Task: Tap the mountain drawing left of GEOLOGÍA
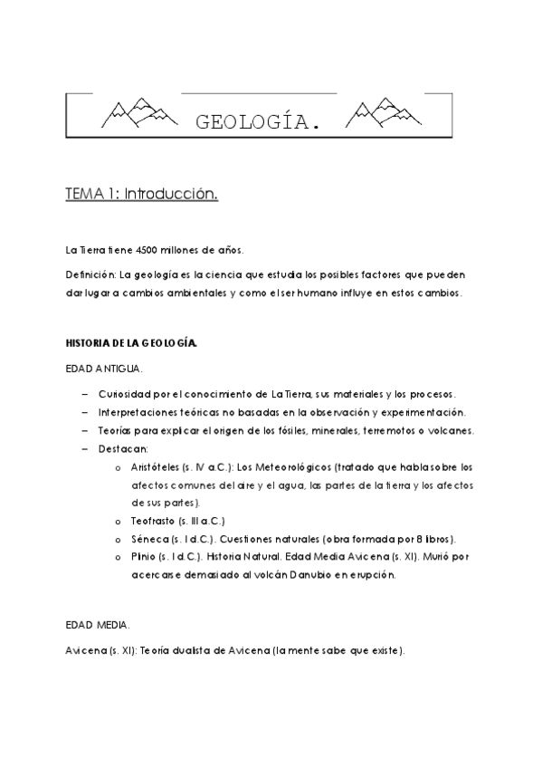pos(130,112)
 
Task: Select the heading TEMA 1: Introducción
pos(141,194)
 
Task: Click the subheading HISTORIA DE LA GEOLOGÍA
pos(130,344)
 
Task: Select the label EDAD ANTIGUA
pos(105,370)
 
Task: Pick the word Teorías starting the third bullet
pos(119,430)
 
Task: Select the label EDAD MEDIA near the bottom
pos(98,626)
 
